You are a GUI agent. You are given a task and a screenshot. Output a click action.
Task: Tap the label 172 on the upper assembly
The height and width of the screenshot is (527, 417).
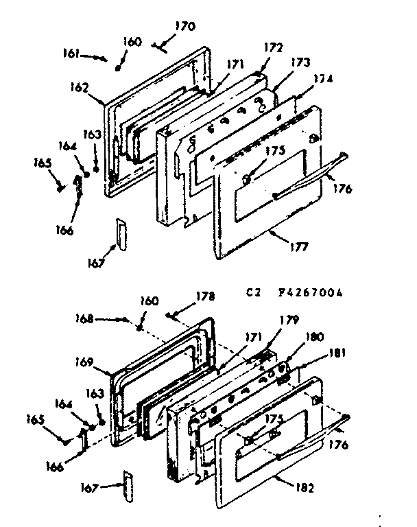coord(273,47)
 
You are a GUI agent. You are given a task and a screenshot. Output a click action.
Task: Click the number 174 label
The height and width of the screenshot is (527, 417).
coord(323,79)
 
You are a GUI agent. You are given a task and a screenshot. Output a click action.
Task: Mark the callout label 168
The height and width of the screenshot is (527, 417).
coord(84,318)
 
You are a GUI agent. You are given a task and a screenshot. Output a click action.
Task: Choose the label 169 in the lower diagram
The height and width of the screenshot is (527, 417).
coord(84,361)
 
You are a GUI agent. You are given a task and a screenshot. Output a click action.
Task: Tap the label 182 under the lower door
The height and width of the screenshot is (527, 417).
coord(305,489)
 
